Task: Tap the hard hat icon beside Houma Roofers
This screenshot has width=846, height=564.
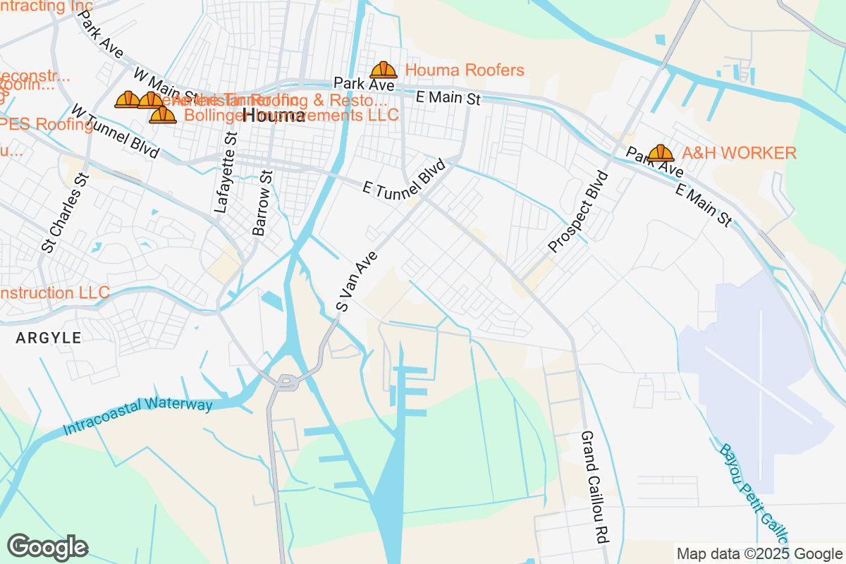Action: [384, 70]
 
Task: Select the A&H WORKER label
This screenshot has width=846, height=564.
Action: [739, 153]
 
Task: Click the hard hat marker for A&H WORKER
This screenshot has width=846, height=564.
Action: [661, 153]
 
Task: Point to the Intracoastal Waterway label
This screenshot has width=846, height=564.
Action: [137, 416]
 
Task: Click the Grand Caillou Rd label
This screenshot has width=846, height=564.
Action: [594, 486]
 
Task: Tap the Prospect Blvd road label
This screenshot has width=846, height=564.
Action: [577, 211]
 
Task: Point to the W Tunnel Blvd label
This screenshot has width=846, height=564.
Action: [115, 131]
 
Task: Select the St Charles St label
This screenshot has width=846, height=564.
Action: [65, 212]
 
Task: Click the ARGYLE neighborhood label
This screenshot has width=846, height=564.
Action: [49, 338]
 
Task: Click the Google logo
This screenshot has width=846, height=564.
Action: [48, 547]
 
